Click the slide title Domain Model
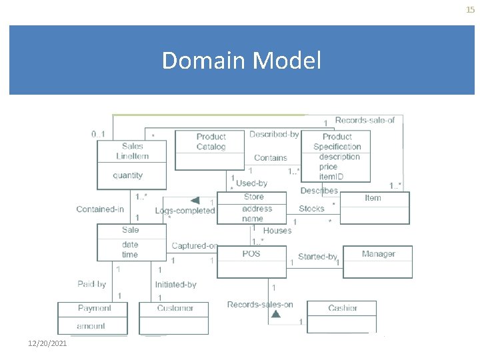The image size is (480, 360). (241, 61)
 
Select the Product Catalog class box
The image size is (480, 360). (211, 149)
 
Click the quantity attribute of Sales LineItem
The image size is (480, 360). (127, 175)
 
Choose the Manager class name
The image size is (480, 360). (378, 254)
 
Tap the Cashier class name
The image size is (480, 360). (342, 308)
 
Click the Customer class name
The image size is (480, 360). (175, 308)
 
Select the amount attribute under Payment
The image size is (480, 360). (91, 326)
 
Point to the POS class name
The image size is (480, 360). (251, 253)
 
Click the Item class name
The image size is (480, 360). (373, 197)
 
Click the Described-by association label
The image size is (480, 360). (273, 134)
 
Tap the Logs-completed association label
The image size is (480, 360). (185, 211)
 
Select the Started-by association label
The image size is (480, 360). (317, 257)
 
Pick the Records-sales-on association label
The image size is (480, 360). (259, 305)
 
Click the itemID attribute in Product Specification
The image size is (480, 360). (331, 176)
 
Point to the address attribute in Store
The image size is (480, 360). (257, 208)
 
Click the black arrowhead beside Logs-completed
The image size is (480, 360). (195, 201)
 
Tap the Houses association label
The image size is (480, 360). (277, 230)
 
